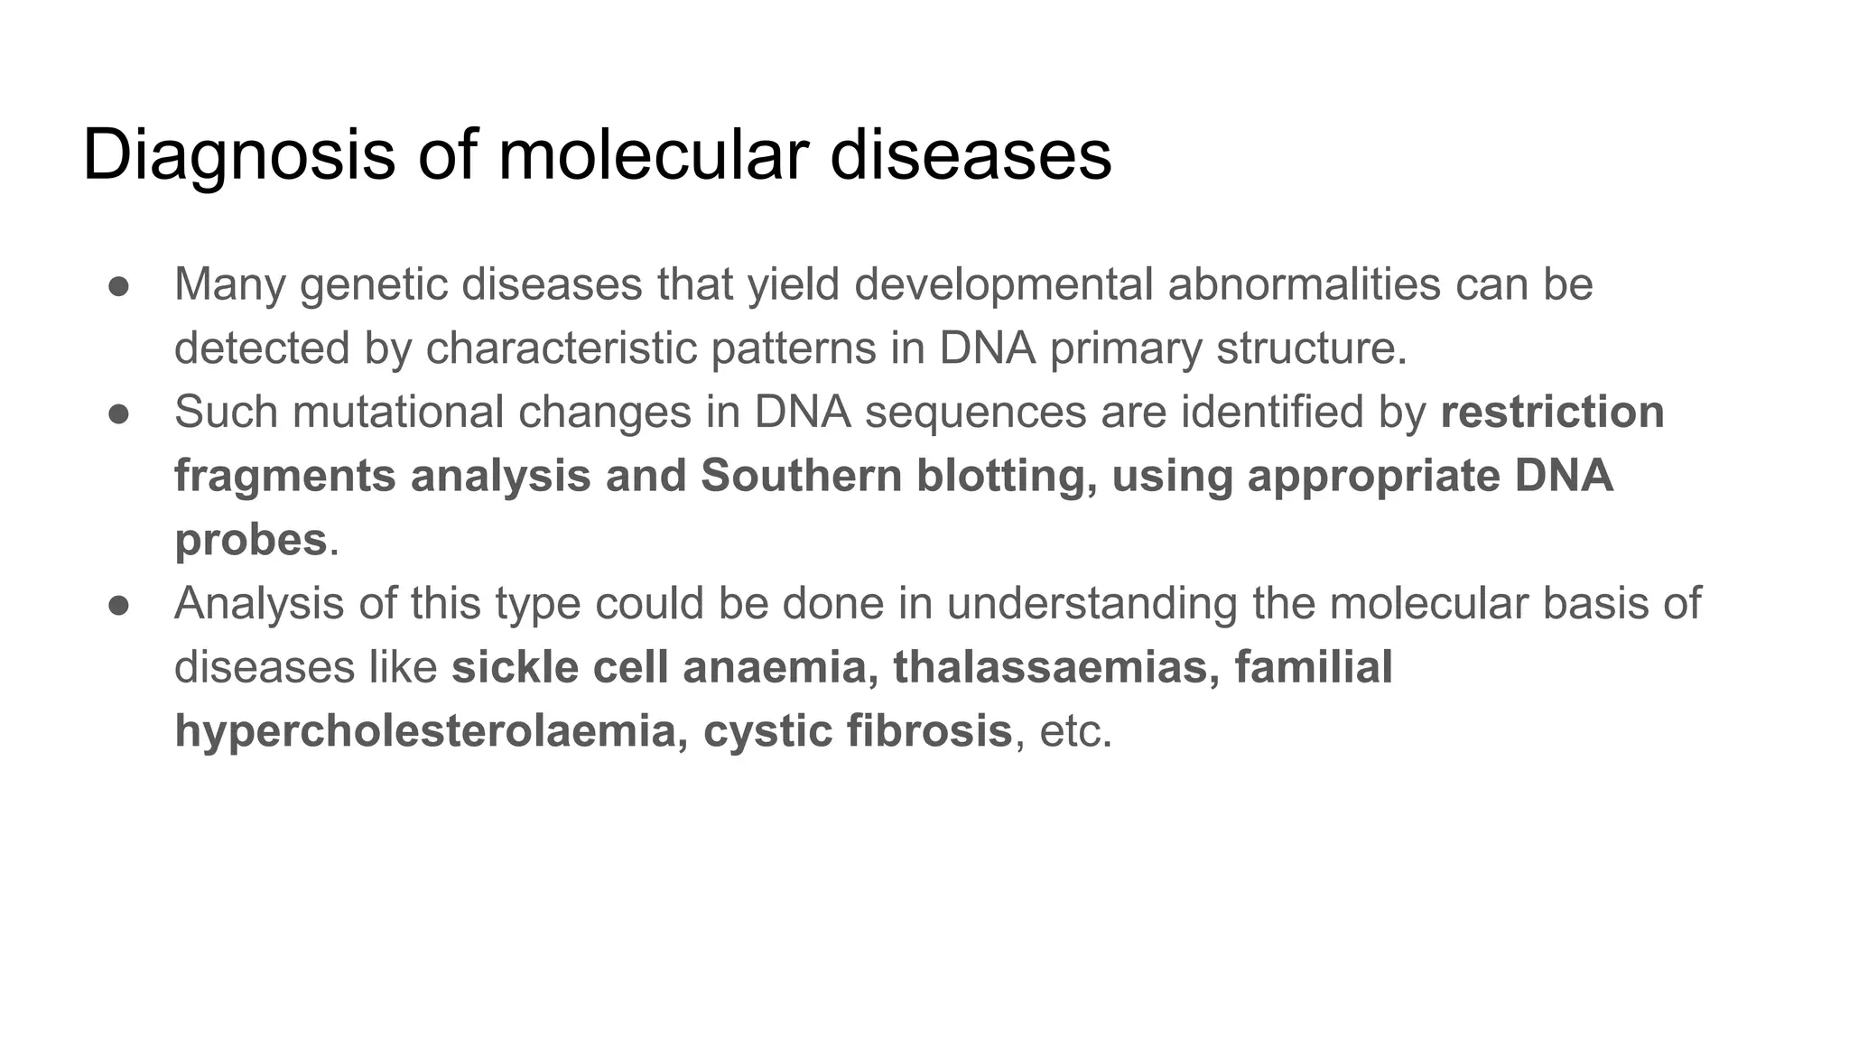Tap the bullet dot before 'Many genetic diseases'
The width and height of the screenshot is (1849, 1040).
click(119, 286)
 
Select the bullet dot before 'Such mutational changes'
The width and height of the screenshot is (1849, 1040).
click(119, 413)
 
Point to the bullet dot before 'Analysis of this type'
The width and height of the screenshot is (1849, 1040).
click(119, 605)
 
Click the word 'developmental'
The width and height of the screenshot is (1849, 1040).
click(1003, 285)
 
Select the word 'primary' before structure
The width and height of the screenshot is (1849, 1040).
click(1125, 348)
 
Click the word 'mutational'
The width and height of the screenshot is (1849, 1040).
click(397, 413)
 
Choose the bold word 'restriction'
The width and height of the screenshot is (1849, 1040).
click(1552, 413)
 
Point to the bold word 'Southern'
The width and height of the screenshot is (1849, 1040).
click(801, 476)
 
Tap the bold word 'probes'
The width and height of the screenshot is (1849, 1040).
click(250, 540)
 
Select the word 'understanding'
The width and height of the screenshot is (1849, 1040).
click(1092, 604)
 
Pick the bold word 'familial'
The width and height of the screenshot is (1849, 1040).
click(1313, 667)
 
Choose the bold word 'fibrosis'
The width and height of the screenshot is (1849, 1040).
click(929, 730)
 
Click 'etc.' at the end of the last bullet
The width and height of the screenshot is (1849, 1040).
click(1075, 730)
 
